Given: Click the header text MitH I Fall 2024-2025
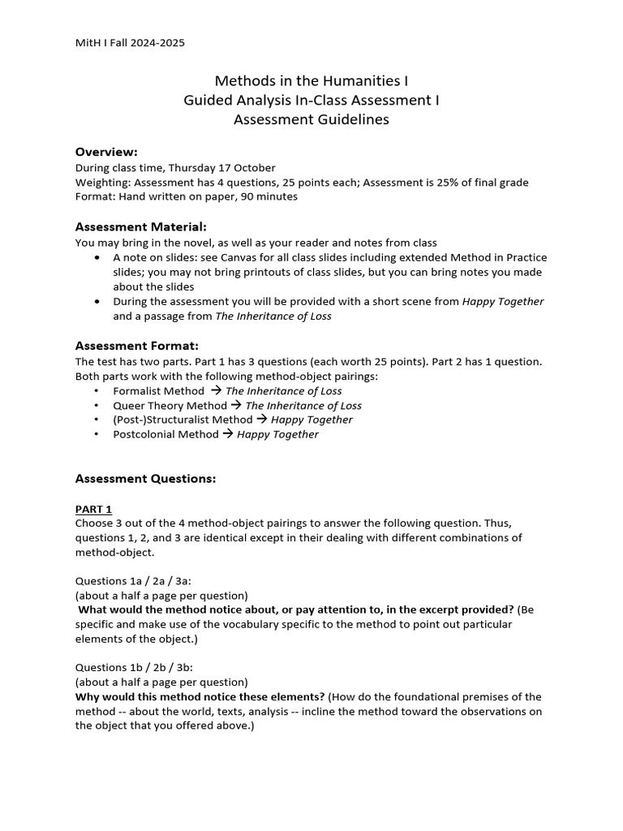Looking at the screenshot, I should [130, 42].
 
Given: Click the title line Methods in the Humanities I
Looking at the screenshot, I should [311, 81].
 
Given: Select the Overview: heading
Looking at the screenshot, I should [106, 152].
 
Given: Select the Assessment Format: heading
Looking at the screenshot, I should [136, 346].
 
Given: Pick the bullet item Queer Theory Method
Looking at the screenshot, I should [170, 406].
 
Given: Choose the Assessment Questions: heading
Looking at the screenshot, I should [145, 479].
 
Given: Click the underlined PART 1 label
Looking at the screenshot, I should [93, 509].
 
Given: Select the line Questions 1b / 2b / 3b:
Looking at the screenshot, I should [132, 668].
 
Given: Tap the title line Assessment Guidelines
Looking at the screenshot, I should [311, 120].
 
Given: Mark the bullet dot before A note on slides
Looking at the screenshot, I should [97, 258].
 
